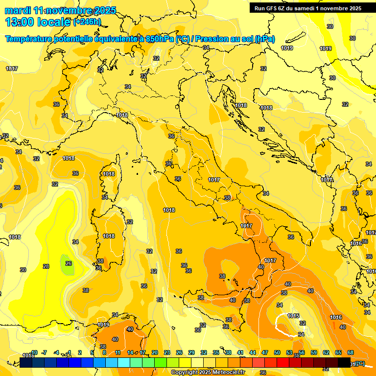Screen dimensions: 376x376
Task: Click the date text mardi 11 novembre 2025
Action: [x=60, y=10]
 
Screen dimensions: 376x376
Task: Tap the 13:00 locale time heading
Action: [x=38, y=22]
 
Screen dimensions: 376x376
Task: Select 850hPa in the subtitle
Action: [x=160, y=39]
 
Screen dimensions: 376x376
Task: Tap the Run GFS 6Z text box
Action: [x=307, y=8]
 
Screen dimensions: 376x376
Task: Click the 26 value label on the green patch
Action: [x=69, y=263]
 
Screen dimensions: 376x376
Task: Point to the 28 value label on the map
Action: [x=46, y=266]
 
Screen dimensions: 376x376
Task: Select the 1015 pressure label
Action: [x=294, y=316]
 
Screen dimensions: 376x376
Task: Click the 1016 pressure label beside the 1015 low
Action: [x=336, y=318]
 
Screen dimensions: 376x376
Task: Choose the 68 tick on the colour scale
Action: [x=351, y=352]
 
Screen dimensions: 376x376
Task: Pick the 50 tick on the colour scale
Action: [x=277, y=352]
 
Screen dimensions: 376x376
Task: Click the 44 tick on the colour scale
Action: [x=253, y=352]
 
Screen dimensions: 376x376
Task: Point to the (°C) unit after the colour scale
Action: [x=358, y=363]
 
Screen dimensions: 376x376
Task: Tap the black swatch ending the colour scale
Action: [x=344, y=362]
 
